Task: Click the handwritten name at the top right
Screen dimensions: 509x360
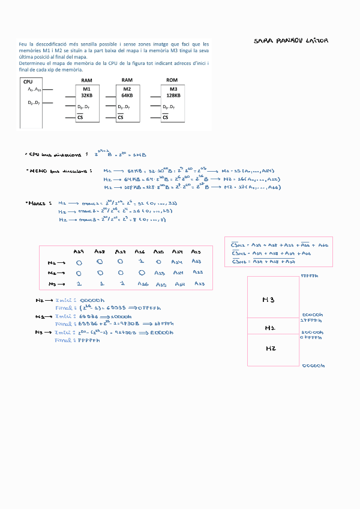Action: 291,41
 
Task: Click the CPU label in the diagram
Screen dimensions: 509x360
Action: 28,82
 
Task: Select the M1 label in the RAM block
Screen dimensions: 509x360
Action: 86,89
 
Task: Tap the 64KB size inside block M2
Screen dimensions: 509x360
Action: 127,95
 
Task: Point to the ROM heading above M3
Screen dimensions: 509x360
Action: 172,80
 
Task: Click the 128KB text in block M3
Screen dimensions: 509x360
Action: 173,95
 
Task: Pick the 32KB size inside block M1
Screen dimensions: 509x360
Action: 86,95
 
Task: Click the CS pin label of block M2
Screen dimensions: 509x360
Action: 121,118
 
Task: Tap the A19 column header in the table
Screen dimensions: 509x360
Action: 78,251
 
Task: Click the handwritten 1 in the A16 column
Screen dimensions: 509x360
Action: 140,263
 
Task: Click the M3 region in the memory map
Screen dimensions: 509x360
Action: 269,299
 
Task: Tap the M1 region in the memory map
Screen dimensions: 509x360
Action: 269,328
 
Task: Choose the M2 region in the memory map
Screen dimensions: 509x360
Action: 269,348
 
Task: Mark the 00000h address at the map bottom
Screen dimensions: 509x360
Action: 313,365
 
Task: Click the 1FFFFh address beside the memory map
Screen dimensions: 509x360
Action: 312,320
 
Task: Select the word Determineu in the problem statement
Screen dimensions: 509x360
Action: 34,63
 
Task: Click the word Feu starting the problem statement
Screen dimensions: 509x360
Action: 23,44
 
